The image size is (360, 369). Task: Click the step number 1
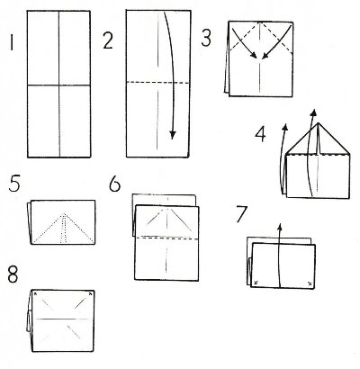(x=12, y=42)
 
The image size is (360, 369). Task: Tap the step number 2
(x=108, y=41)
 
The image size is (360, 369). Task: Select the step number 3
(x=206, y=39)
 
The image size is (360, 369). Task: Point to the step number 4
(x=260, y=134)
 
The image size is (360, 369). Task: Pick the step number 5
(x=14, y=184)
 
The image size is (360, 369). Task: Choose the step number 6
(x=114, y=184)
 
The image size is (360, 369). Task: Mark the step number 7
(x=242, y=214)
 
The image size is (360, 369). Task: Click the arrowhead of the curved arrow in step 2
(x=172, y=135)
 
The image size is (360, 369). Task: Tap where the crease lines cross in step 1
(x=59, y=85)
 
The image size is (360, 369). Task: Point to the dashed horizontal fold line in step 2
(x=157, y=82)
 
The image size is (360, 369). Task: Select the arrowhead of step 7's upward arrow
(x=280, y=227)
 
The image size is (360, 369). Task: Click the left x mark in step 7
(x=256, y=283)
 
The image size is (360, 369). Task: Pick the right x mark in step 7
(x=310, y=283)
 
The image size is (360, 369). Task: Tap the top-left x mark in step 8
(x=35, y=293)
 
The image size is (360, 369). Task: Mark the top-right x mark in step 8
(x=90, y=294)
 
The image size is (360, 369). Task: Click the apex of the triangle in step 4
(x=318, y=123)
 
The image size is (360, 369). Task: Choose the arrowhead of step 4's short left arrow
(x=285, y=127)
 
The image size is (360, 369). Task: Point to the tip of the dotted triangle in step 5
(x=64, y=214)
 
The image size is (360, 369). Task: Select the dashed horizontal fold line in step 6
(x=167, y=238)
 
